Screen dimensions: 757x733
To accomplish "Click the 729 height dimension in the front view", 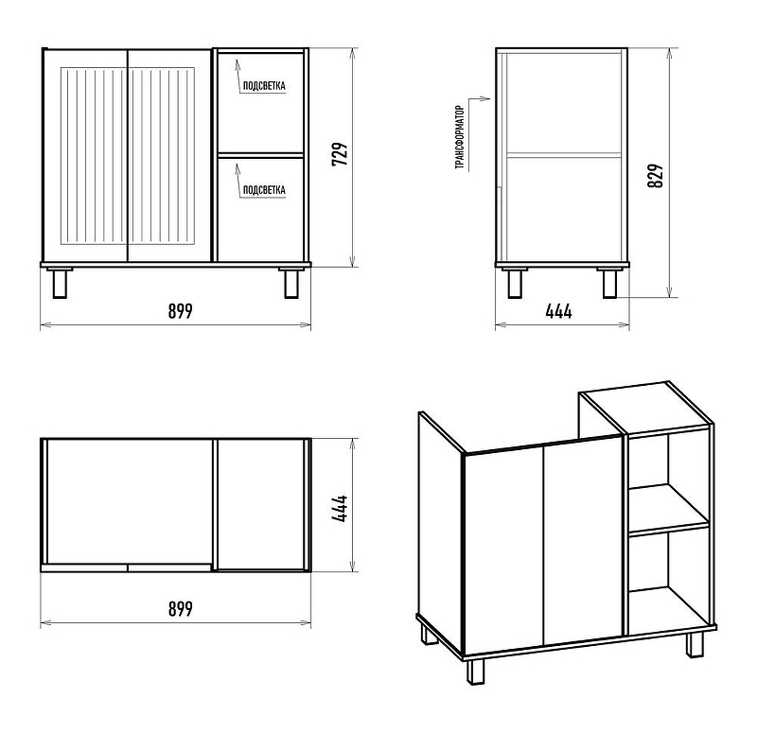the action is (x=340, y=154).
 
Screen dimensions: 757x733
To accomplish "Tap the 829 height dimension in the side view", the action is (x=656, y=176).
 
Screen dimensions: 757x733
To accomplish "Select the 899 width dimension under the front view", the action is (x=181, y=311).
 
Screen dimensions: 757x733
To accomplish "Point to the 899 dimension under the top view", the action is (x=181, y=609).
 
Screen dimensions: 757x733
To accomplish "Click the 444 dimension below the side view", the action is (x=558, y=312).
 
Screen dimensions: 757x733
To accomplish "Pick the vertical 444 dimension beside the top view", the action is (x=340, y=509).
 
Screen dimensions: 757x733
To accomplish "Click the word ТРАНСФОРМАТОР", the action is (x=460, y=137).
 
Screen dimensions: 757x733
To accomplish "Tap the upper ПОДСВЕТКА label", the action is (x=264, y=86).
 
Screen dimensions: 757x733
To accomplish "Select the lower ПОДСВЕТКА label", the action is (x=264, y=190).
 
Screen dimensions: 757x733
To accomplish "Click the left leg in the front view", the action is (x=60, y=283).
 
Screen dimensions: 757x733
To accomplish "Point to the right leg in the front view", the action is (x=291, y=283).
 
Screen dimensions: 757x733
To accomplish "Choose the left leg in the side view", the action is (x=515, y=283).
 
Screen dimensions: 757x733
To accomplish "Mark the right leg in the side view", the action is (x=609, y=283).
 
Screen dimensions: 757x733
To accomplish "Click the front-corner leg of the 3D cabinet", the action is (x=475, y=672).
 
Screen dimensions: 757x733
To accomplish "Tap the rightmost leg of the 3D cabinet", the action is (x=695, y=644).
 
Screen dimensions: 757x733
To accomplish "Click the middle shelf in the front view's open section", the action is (x=261, y=155).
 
